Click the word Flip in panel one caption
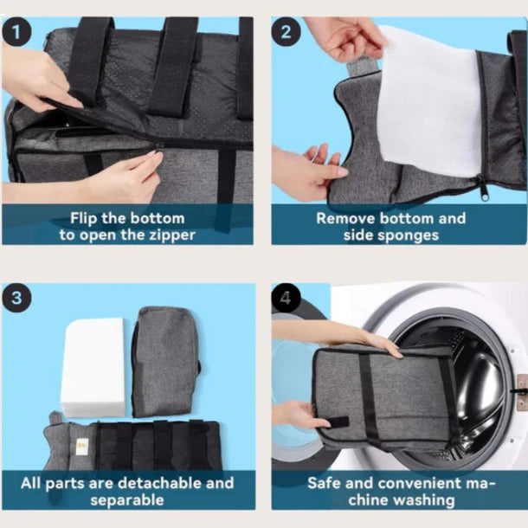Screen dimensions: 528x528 point(87,218)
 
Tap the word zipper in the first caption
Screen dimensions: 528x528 point(166,235)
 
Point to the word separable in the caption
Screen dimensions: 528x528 point(129,499)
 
